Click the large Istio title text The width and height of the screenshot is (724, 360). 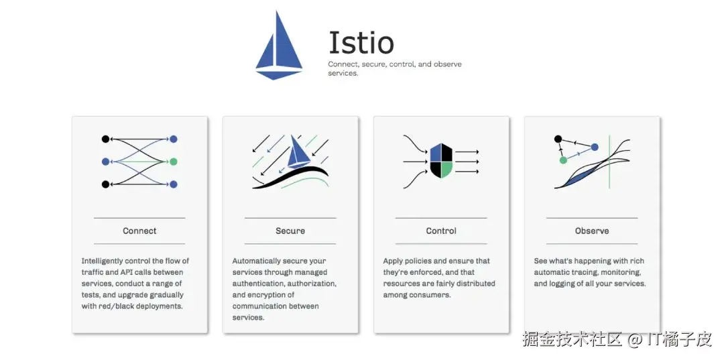361,42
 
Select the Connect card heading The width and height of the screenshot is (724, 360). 139,231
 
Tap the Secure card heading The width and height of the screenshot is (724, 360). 290,231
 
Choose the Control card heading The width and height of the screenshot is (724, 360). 441,231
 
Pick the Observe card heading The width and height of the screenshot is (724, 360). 592,231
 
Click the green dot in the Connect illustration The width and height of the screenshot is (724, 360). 173,162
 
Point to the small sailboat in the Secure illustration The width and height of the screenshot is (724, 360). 298,152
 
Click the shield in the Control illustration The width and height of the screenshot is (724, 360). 440,161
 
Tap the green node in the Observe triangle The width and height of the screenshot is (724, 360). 563,160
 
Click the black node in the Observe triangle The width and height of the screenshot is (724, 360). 558,139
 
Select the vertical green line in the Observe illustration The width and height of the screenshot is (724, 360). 609,162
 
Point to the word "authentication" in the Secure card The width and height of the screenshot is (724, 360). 261,284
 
